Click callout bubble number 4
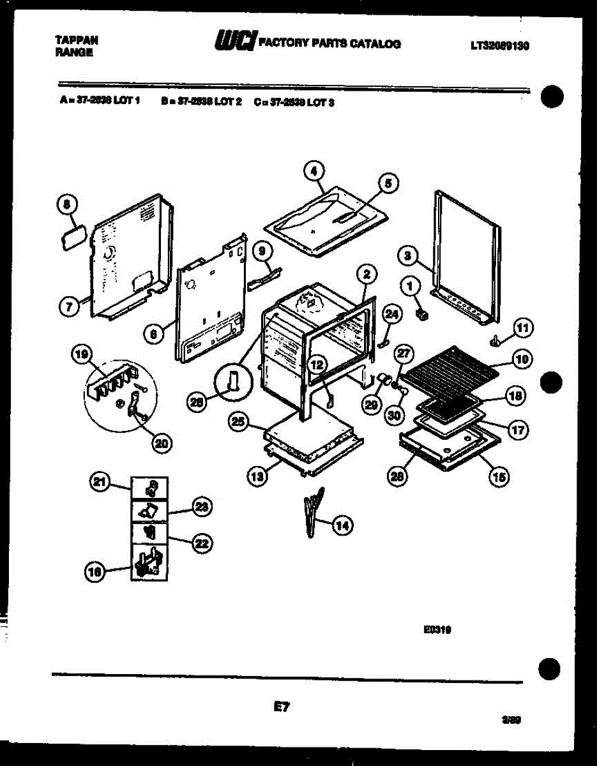pyautogui.click(x=314, y=170)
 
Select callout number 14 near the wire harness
pyautogui.click(x=343, y=525)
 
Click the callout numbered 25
pyautogui.click(x=238, y=422)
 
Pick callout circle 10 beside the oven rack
pyautogui.click(x=522, y=360)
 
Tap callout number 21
pyautogui.click(x=99, y=483)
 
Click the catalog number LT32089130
pyautogui.click(x=501, y=45)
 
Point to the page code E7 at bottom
pyautogui.click(x=282, y=707)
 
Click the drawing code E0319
pyautogui.click(x=437, y=629)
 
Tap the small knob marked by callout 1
pyautogui.click(x=421, y=314)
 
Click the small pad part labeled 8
pyautogui.click(x=72, y=237)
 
